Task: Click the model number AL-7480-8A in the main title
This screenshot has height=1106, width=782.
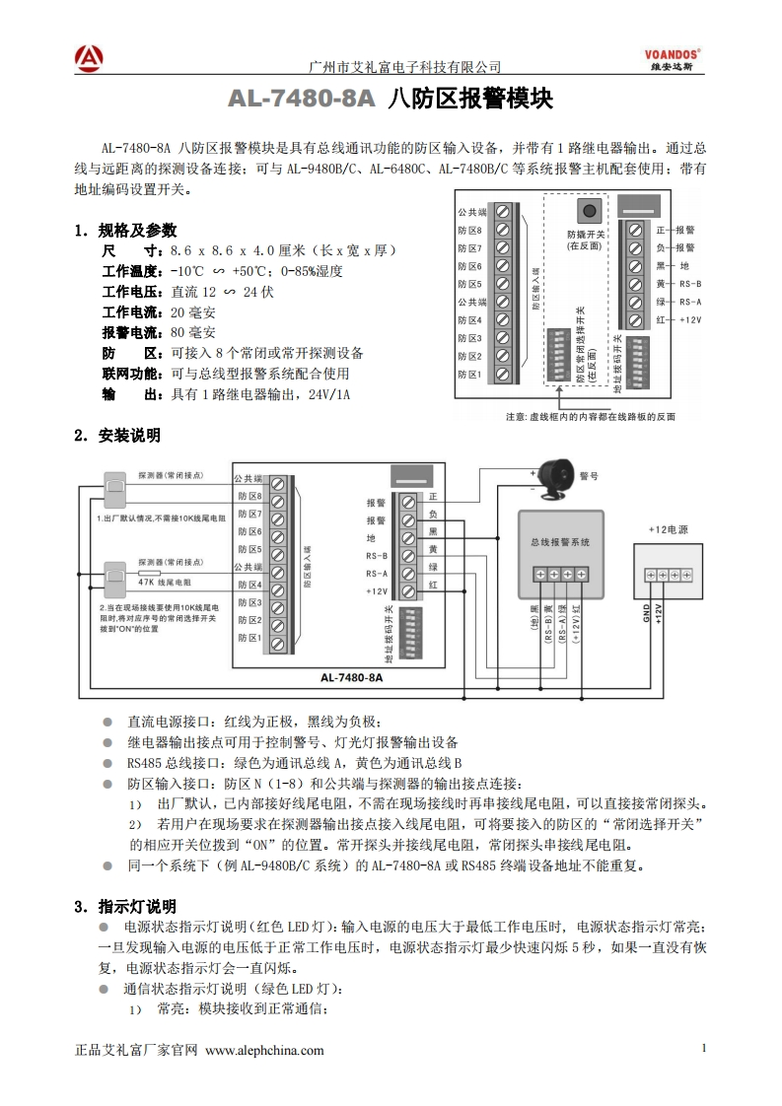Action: click(x=302, y=100)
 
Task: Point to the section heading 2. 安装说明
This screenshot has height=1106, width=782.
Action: click(x=117, y=435)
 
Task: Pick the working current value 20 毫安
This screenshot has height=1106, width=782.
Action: click(x=193, y=311)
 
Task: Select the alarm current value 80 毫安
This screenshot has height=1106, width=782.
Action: click(x=193, y=332)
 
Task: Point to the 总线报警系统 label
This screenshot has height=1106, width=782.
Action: click(x=559, y=542)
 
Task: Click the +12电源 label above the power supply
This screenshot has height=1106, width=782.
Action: click(x=668, y=529)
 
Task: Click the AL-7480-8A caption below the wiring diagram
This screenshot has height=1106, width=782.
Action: click(x=351, y=678)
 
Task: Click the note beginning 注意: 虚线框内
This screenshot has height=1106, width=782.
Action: click(x=590, y=416)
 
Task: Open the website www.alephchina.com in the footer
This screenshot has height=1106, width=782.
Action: click(x=264, y=1050)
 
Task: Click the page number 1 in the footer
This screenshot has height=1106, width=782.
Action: click(x=704, y=1048)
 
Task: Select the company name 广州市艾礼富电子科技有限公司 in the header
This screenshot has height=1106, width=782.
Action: click(x=405, y=67)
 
